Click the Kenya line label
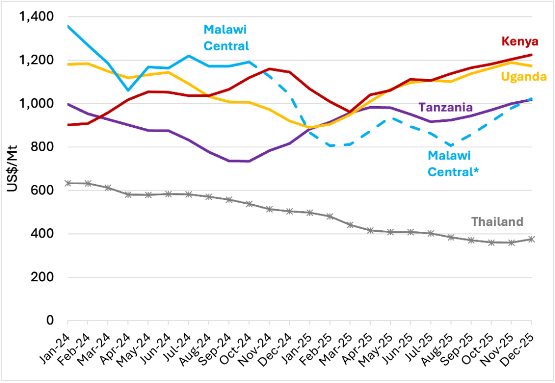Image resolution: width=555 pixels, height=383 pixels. coord(520,41)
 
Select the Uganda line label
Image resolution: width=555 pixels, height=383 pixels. coord(523,77)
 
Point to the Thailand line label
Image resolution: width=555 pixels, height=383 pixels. coord(497,222)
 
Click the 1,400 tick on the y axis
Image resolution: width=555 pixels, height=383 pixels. coord(36,17)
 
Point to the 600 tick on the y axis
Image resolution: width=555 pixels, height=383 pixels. coord(43,191)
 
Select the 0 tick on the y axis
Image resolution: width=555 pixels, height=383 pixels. coord(49,321)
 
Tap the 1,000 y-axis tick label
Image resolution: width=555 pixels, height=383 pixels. coord(36,104)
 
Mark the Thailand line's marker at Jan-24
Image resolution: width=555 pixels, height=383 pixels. coord(68,183)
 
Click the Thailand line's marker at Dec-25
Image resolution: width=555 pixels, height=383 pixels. coord(531,239)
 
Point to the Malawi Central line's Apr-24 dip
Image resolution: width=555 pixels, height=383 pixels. coord(128,90)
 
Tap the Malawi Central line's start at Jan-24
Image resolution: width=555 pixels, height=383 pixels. coord(68,26)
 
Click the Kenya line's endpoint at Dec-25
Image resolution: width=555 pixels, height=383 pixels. coord(531,55)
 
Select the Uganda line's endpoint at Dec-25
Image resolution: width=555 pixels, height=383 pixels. coord(531,66)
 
